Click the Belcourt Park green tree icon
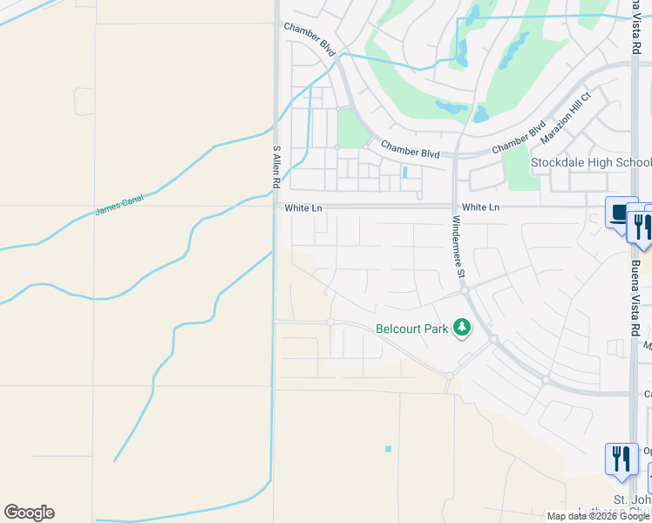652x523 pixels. click(x=461, y=329)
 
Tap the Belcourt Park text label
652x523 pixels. click(x=411, y=329)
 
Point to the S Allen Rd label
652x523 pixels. click(x=276, y=166)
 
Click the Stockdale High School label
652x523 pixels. click(x=591, y=163)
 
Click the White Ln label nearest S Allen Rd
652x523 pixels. click(x=301, y=207)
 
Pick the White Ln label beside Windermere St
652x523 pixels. click(x=480, y=207)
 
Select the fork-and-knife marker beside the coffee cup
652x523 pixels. click(x=640, y=227)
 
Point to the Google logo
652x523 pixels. click(x=29, y=513)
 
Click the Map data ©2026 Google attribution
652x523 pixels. click(x=598, y=516)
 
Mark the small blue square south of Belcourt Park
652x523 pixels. click(x=388, y=449)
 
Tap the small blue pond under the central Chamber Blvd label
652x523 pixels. click(x=406, y=172)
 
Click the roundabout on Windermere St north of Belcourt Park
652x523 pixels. click(x=465, y=289)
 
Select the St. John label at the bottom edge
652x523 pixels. click(x=632, y=499)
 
